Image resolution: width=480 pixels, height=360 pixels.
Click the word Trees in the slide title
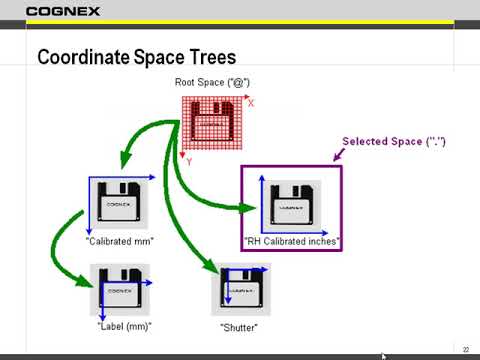click(x=208, y=57)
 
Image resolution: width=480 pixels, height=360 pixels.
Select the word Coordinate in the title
click(x=82, y=57)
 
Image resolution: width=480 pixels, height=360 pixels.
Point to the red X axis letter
click(x=250, y=104)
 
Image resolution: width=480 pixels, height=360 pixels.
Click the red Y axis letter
click(x=189, y=161)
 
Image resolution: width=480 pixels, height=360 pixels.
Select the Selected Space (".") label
click(x=394, y=142)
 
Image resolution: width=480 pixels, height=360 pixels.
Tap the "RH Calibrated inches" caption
click(x=292, y=241)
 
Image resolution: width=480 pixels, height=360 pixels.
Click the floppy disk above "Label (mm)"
click(x=122, y=290)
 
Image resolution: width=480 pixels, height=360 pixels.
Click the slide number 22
click(x=466, y=347)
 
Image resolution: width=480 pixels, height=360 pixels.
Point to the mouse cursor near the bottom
click(x=384, y=355)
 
